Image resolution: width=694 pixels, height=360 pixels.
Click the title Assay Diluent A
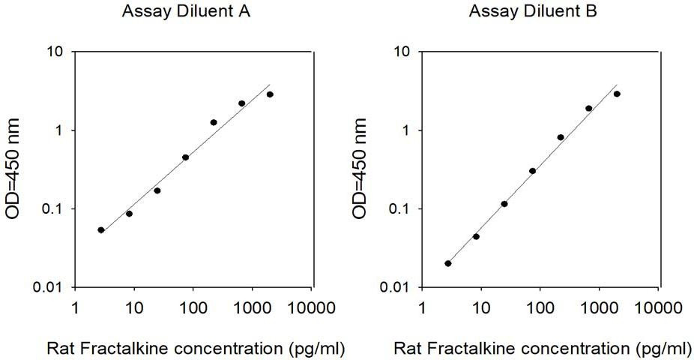click(187, 12)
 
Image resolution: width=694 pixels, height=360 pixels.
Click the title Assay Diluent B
click(533, 12)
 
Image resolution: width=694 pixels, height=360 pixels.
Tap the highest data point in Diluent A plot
click(270, 94)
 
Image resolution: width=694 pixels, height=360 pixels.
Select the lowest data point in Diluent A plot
click(101, 229)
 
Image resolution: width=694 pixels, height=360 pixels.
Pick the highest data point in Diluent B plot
click(617, 94)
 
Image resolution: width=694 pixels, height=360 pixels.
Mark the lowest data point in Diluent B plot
click(448, 263)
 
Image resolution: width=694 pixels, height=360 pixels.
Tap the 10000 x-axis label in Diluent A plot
click(312, 307)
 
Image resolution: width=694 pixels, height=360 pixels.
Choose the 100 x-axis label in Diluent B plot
click(540, 307)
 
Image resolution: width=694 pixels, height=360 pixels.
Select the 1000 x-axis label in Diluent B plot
click(599, 307)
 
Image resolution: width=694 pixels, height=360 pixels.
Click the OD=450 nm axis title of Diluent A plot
click(13, 169)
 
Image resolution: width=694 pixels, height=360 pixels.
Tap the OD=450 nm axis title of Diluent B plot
click(360, 169)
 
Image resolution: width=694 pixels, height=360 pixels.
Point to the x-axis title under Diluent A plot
click(196, 349)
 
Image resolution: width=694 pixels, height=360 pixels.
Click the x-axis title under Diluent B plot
click(543, 349)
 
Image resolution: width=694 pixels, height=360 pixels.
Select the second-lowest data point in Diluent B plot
click(476, 236)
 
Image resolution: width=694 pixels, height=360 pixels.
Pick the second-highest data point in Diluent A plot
click(241, 103)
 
